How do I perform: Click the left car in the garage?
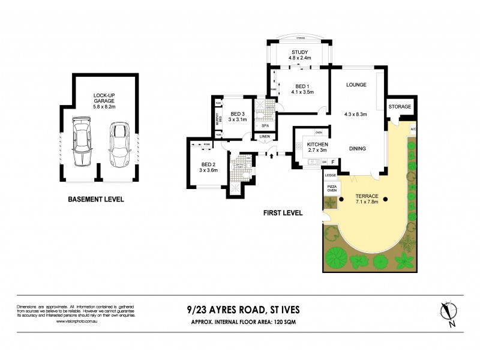[x=80, y=143]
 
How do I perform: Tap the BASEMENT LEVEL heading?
[x=96, y=199]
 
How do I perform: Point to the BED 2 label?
[x=208, y=167]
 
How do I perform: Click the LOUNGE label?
[x=356, y=85]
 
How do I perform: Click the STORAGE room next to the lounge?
[x=400, y=107]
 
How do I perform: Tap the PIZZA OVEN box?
[x=331, y=189]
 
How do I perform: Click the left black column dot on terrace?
[x=341, y=200]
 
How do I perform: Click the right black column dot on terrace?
[x=385, y=200]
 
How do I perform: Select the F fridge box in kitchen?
[x=332, y=162]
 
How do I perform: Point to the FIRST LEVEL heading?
[x=283, y=212]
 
